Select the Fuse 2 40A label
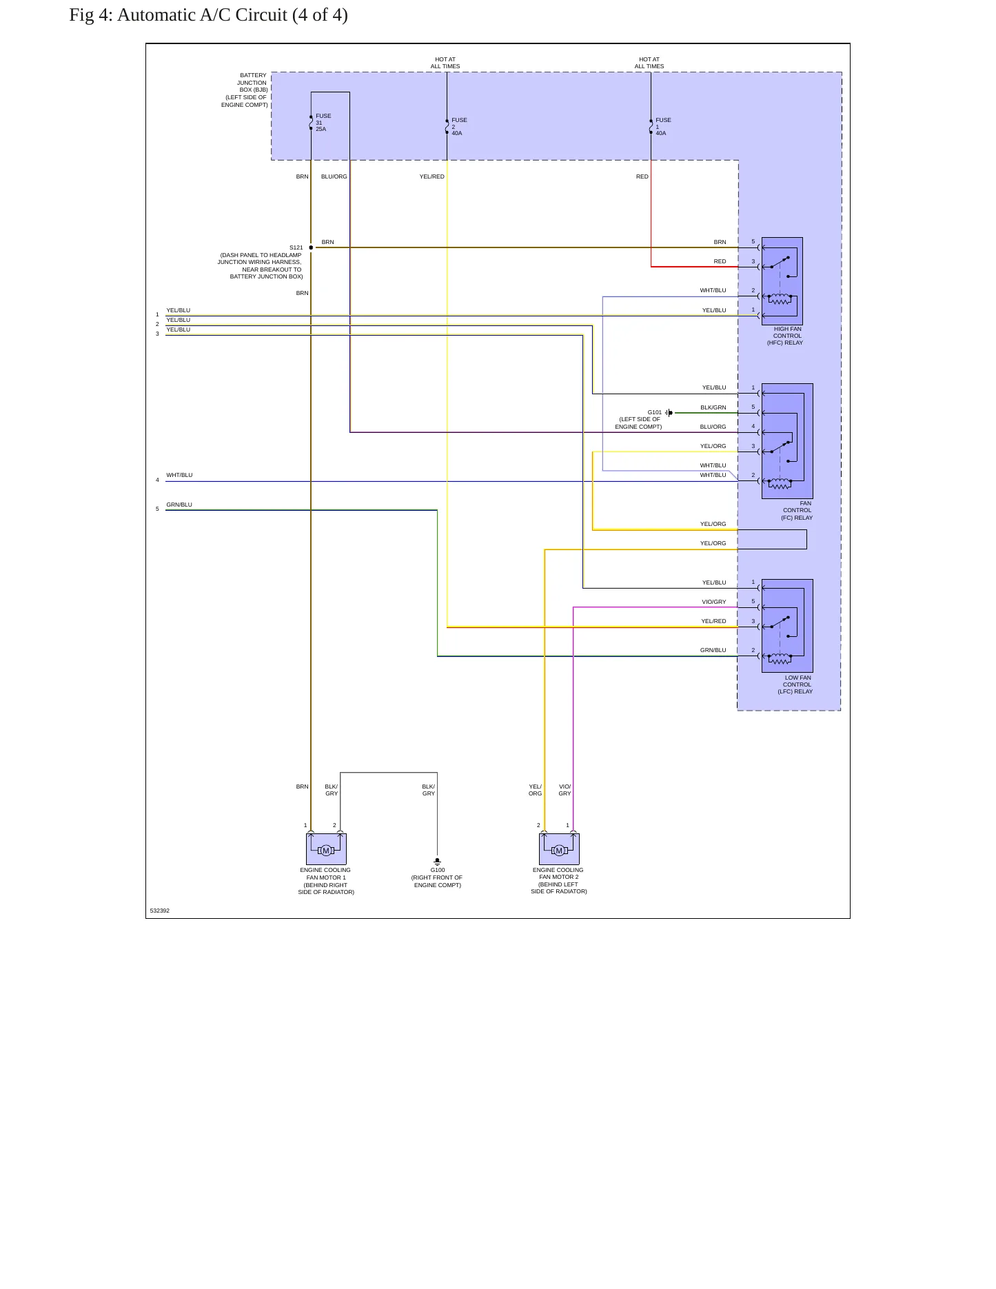point(459,127)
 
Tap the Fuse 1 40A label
point(663,127)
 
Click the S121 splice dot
point(311,247)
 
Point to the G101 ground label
point(654,412)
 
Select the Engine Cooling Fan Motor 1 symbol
point(326,849)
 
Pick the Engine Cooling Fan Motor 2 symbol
point(559,849)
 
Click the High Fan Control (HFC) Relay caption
point(785,336)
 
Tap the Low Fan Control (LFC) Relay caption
point(795,684)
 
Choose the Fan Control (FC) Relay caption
point(797,510)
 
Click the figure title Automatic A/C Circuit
point(208,15)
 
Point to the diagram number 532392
point(159,911)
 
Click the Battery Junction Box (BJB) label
point(245,90)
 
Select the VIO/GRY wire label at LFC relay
point(713,602)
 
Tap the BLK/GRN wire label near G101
point(713,407)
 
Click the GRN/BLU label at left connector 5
point(179,505)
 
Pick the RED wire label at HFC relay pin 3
point(720,261)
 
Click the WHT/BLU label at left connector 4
point(179,475)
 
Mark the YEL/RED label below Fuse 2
point(431,176)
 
